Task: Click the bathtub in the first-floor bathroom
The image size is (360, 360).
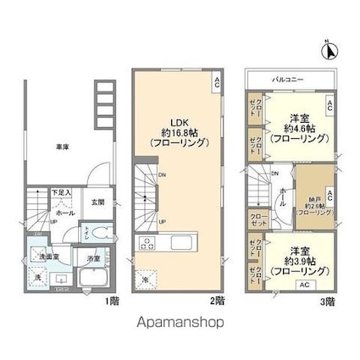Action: pyautogui.click(x=90, y=279)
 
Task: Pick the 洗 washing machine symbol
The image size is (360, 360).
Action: pyautogui.click(x=36, y=277)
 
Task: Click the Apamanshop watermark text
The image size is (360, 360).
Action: pyautogui.click(x=180, y=323)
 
